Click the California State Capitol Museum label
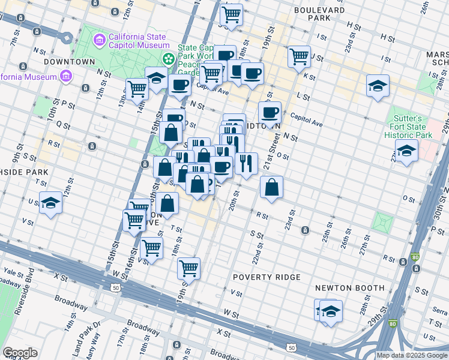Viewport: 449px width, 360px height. pyautogui.click(x=138, y=40)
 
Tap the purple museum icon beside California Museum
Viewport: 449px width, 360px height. pyautogui.click(x=65, y=76)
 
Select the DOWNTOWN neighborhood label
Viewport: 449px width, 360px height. pyautogui.click(x=70, y=61)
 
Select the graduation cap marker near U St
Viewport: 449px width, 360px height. pyautogui.click(x=51, y=203)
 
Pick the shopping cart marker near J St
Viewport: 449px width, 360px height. pyautogui.click(x=299, y=57)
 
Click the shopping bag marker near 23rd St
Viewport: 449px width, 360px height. pyautogui.click(x=272, y=187)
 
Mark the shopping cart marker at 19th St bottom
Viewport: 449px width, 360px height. pyautogui.click(x=189, y=268)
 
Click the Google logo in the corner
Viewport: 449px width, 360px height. pyautogui.click(x=20, y=353)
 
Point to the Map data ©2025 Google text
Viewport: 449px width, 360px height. pyautogui.click(x=412, y=355)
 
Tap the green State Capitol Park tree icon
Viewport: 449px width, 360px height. pyautogui.click(x=169, y=59)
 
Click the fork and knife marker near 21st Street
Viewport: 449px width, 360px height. pyautogui.click(x=246, y=163)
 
